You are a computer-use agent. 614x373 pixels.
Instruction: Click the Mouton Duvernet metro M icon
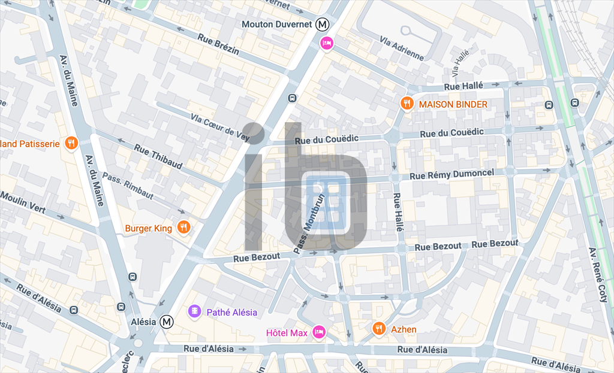click(x=323, y=25)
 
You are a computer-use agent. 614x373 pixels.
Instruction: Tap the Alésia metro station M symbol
click(x=167, y=322)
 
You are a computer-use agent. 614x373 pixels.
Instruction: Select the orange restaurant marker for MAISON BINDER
click(x=407, y=104)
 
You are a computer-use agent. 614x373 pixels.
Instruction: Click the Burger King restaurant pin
click(x=183, y=228)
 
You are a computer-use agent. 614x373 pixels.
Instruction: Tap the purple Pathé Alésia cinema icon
click(x=195, y=311)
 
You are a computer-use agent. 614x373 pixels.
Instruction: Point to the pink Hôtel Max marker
click(x=319, y=332)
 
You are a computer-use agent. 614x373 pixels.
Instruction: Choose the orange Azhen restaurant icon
click(x=378, y=328)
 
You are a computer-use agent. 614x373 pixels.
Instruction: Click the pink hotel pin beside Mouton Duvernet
click(x=327, y=43)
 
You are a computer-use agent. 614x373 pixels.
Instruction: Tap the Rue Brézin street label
click(x=219, y=44)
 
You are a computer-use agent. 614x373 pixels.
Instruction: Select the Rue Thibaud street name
click(x=158, y=157)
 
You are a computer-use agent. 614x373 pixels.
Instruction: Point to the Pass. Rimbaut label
click(x=128, y=186)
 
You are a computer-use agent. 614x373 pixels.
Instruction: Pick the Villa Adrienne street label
click(x=402, y=48)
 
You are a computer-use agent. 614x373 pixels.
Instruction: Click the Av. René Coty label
click(x=599, y=275)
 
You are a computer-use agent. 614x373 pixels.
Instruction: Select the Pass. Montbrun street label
click(x=309, y=223)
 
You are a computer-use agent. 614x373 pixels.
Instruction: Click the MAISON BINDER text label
click(x=453, y=104)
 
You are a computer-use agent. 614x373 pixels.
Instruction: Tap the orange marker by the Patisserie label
click(x=71, y=143)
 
